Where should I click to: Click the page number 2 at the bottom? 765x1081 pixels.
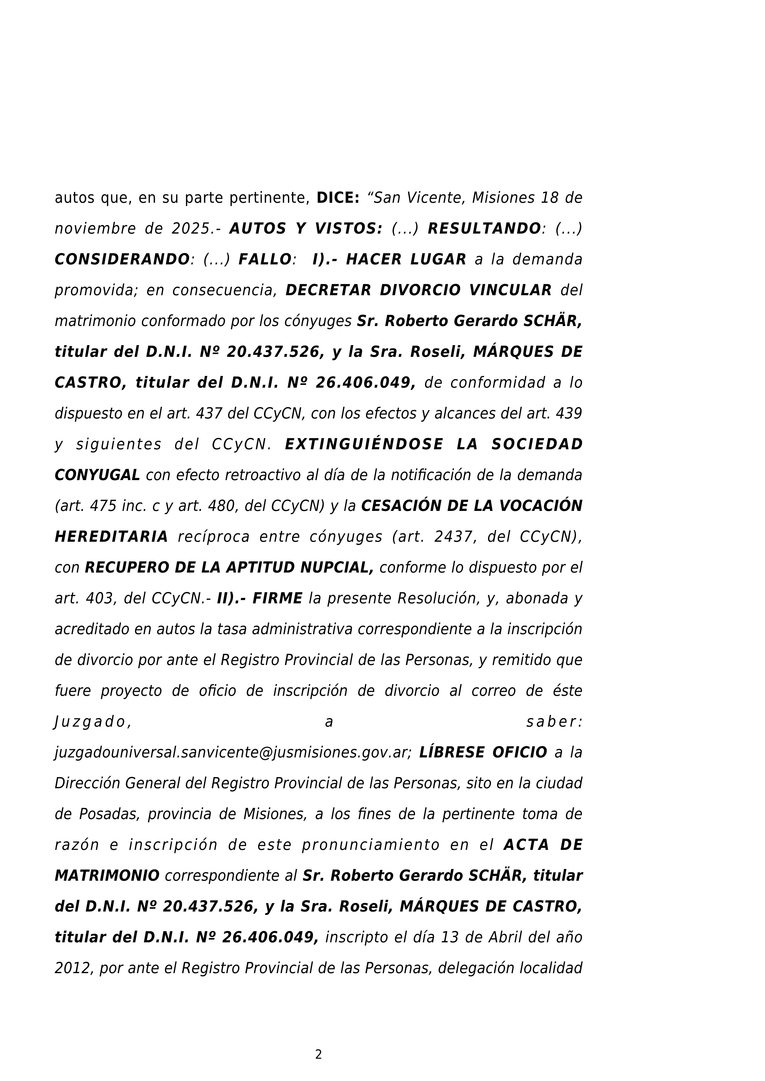click(x=319, y=1054)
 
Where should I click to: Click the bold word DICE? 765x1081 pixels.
click(x=338, y=198)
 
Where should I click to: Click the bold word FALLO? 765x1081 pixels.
click(x=265, y=259)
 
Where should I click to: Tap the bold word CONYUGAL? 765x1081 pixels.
click(x=97, y=475)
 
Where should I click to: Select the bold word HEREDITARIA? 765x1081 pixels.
click(x=111, y=537)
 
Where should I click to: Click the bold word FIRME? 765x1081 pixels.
click(x=278, y=598)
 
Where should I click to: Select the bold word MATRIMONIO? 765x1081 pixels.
click(x=107, y=876)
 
